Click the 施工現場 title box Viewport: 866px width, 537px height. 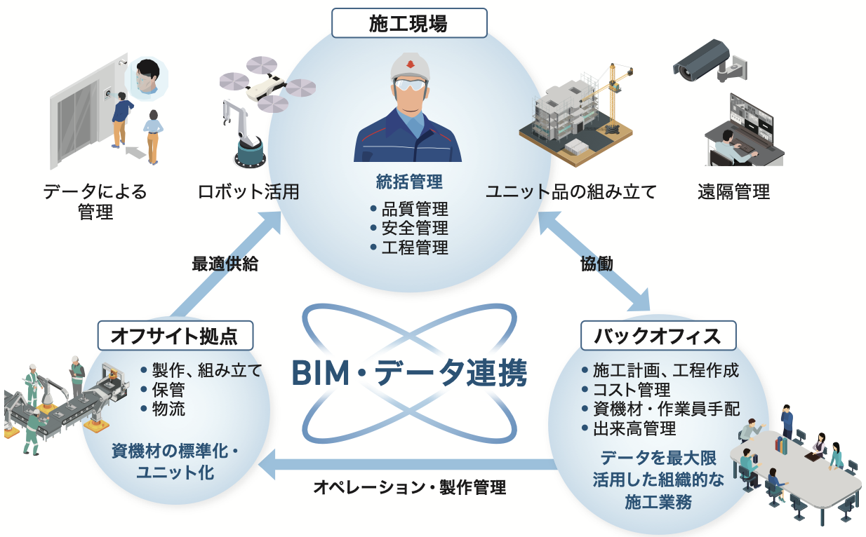click(x=409, y=23)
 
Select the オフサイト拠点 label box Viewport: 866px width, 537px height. click(x=175, y=335)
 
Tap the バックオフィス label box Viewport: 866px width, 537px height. click(x=658, y=335)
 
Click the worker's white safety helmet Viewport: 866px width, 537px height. click(x=410, y=67)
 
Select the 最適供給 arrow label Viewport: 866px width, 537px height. click(x=225, y=264)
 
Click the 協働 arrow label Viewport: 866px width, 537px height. click(x=597, y=264)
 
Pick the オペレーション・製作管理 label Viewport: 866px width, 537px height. click(x=410, y=487)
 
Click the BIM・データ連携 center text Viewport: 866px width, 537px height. click(x=409, y=373)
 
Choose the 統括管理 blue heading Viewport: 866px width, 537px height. click(x=409, y=182)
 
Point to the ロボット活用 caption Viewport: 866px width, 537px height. click(x=248, y=191)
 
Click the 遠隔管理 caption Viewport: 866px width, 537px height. click(x=734, y=191)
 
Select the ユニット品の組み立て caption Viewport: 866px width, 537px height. click(x=571, y=191)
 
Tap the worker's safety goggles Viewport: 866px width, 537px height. click(x=411, y=84)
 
